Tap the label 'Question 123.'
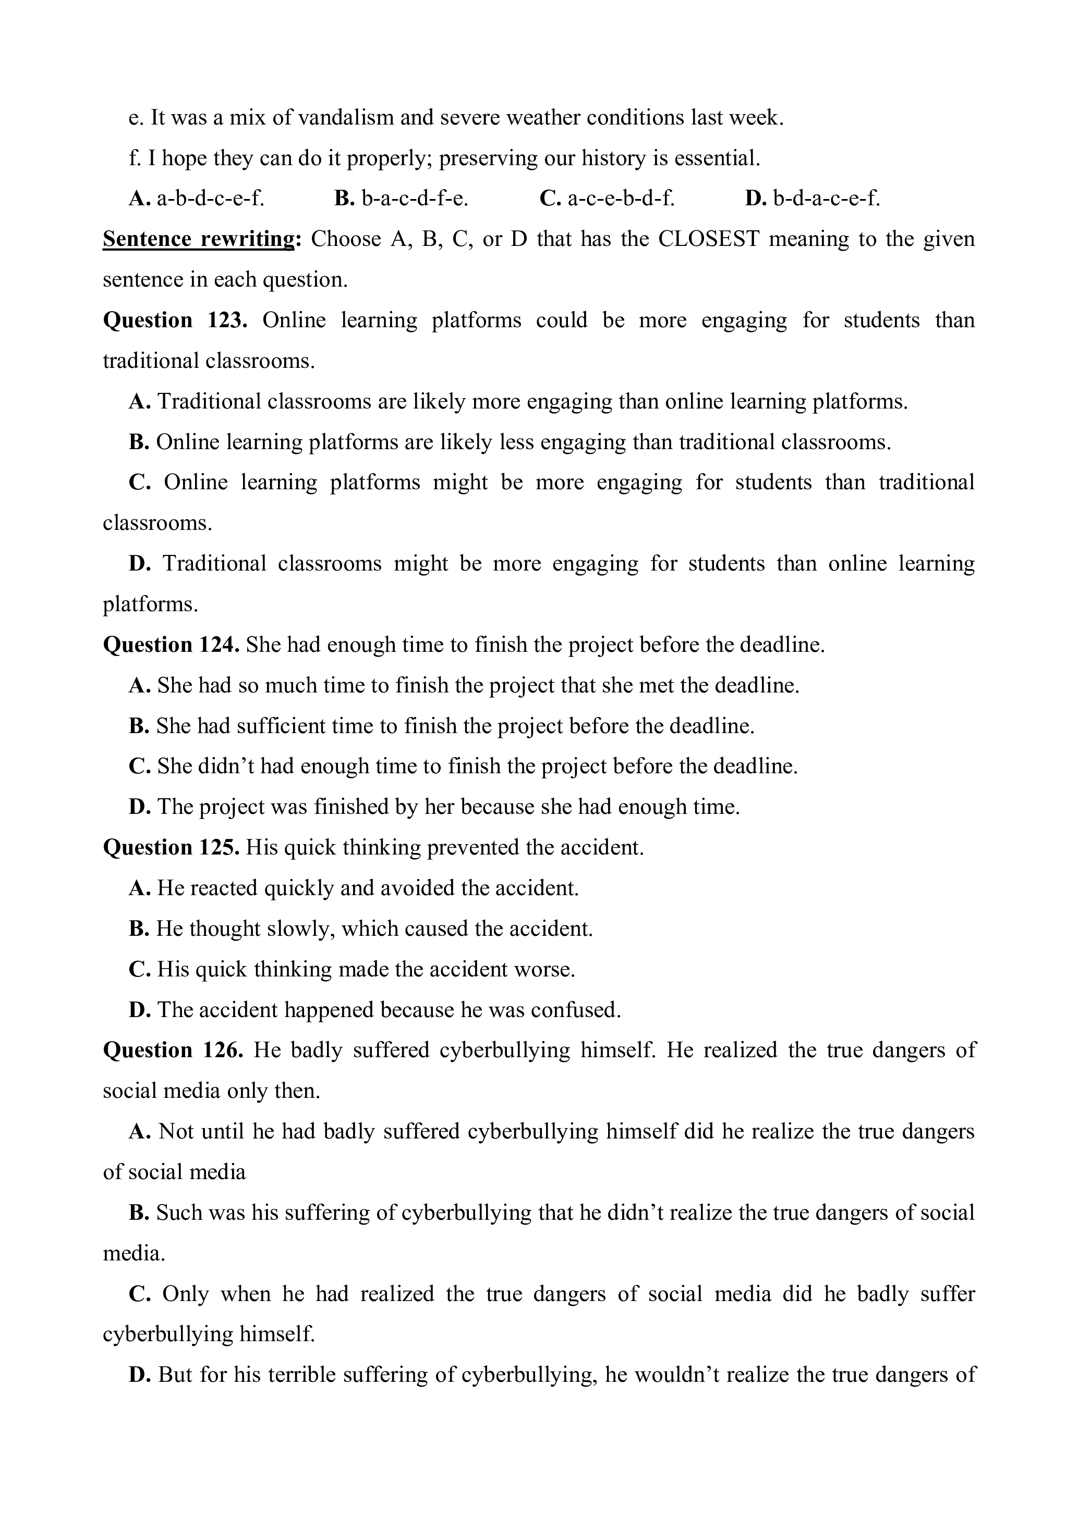pos(175,320)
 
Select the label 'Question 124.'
pos(171,645)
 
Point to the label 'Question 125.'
pos(171,848)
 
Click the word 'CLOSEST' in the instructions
pos(708,239)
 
